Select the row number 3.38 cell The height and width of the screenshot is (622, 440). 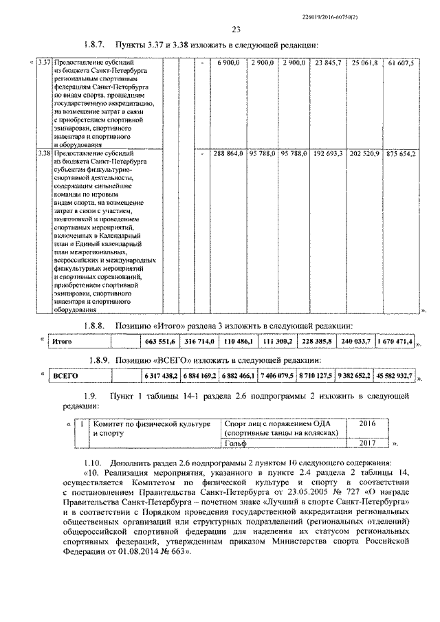[x=44, y=153]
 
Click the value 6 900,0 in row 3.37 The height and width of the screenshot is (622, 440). [x=228, y=63]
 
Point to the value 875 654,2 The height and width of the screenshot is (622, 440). [x=401, y=153]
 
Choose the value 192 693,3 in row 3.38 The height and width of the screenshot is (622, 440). [x=328, y=153]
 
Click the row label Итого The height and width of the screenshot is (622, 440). [x=63, y=341]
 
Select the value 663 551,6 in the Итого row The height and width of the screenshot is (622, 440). [x=159, y=341]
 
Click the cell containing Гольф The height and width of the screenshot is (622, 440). [x=237, y=445]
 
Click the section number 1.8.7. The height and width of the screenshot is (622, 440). [x=92, y=45]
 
